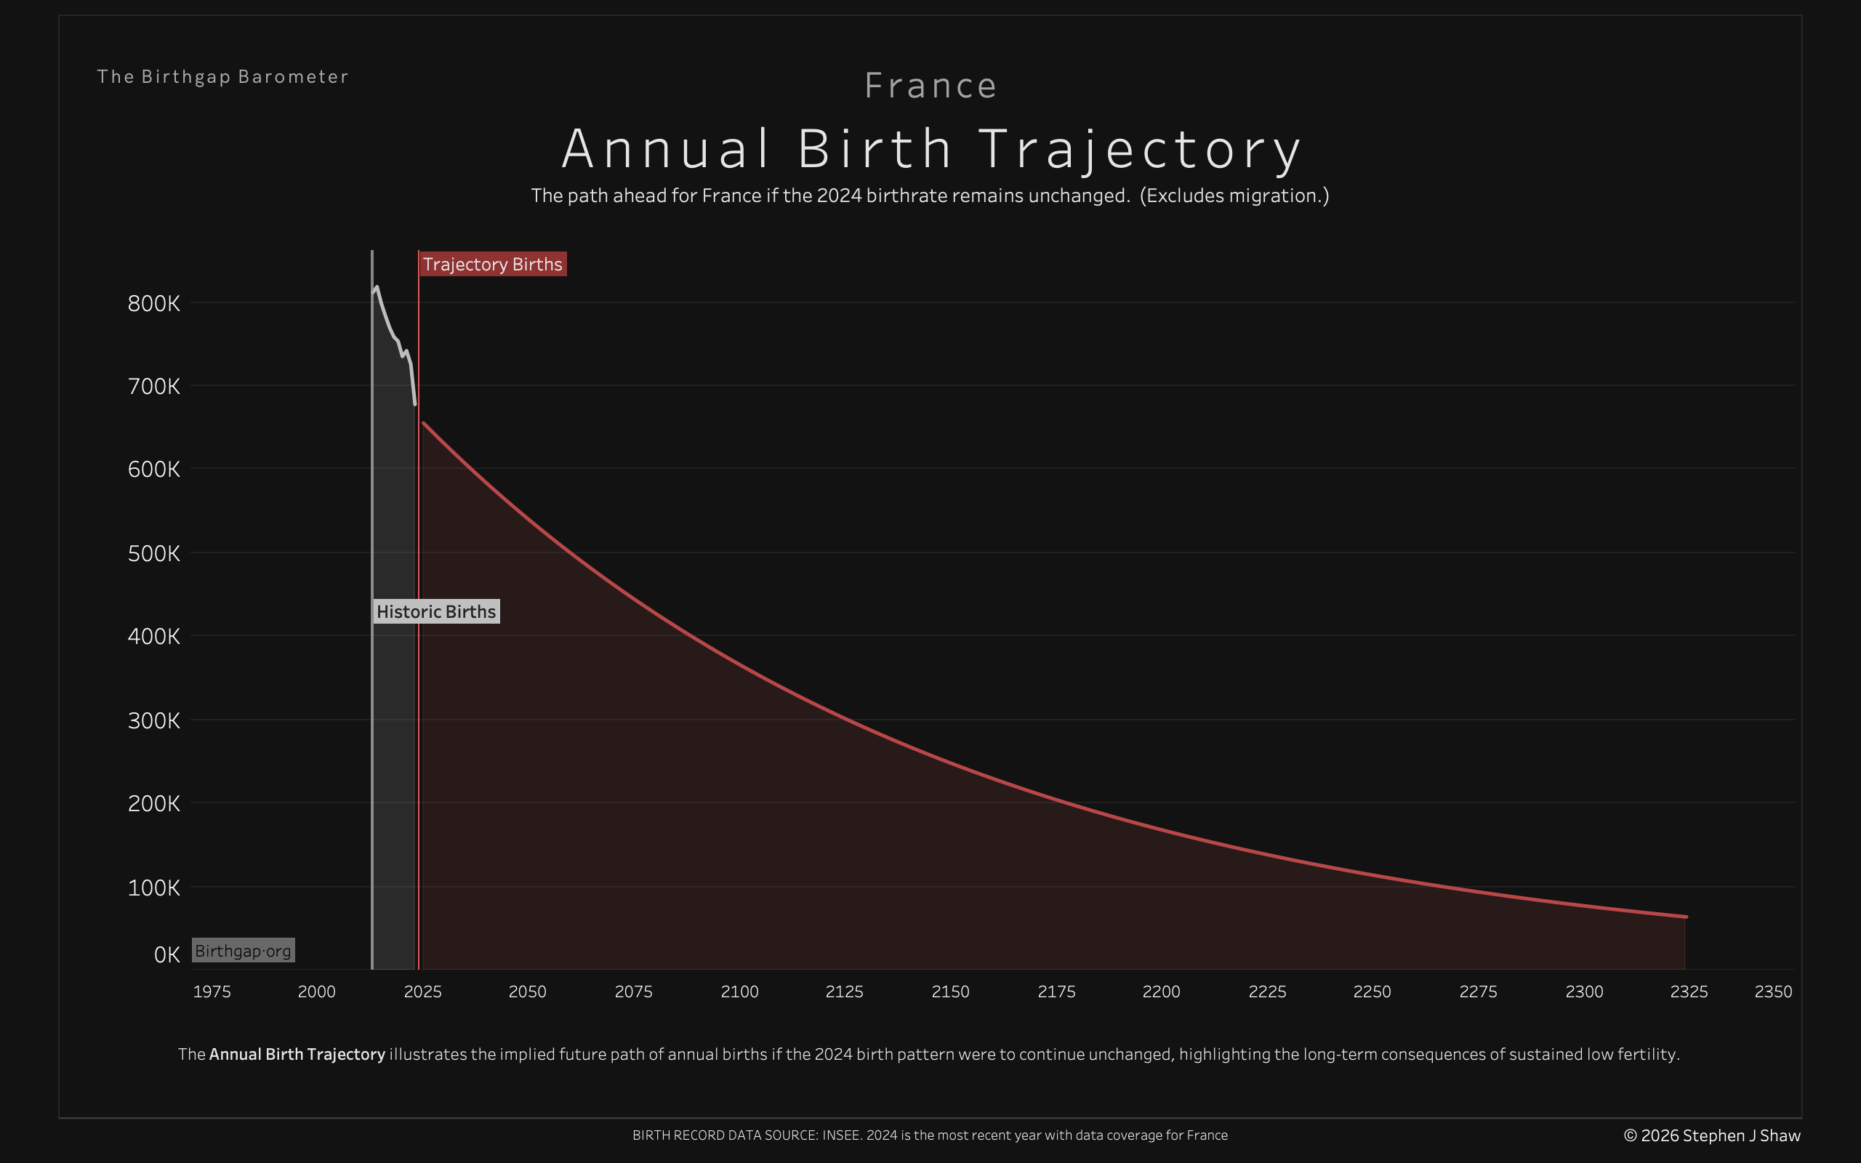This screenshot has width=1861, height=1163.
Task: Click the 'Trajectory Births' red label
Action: (492, 264)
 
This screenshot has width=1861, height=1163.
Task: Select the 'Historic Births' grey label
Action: (436, 611)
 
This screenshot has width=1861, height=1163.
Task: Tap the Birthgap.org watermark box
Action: (243, 951)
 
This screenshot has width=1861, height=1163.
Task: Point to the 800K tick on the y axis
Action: (154, 303)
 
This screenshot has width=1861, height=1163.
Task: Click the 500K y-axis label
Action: (154, 553)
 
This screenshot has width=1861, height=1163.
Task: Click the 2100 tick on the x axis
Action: (739, 991)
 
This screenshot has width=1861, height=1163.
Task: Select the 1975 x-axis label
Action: (212, 991)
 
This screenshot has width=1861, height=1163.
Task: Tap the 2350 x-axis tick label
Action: (1772, 991)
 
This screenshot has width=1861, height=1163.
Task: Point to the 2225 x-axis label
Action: (1266, 991)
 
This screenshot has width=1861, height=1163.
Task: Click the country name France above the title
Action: (930, 85)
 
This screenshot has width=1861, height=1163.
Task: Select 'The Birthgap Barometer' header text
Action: (222, 77)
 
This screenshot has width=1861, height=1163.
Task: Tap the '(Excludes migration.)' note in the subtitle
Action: (1234, 196)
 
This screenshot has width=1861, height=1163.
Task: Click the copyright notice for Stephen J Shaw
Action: (1712, 1135)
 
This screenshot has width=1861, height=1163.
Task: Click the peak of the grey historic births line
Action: (377, 288)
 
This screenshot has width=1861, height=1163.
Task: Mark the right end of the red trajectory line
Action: (1686, 917)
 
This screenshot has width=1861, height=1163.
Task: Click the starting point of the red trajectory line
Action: (424, 423)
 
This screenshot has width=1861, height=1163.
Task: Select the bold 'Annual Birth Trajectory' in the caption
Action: (297, 1054)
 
